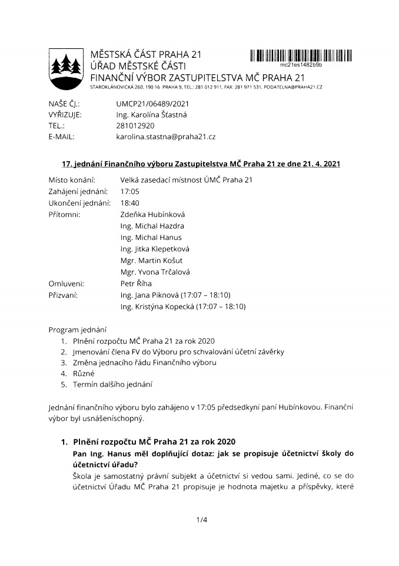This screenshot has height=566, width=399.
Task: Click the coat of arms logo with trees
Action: (65, 66)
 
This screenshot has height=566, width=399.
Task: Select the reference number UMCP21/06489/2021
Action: (152, 103)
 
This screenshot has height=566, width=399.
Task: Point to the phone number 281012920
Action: (135, 126)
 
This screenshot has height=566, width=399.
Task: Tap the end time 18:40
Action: (129, 203)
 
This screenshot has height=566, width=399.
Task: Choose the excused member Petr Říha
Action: (136, 283)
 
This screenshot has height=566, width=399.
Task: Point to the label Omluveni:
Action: (66, 283)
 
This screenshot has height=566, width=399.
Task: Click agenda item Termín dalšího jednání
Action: (112, 384)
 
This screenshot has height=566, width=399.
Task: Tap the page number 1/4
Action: (199, 519)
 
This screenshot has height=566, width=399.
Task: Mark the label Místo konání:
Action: (72, 180)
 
